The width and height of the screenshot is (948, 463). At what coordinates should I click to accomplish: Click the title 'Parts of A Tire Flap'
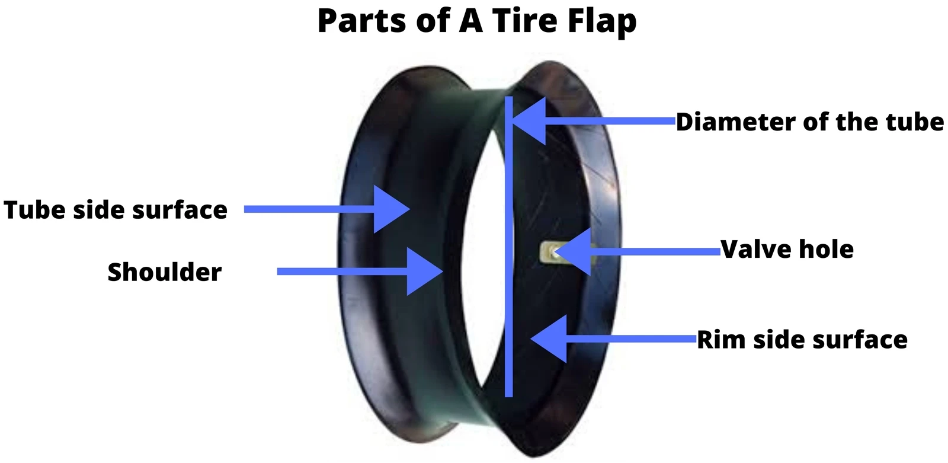tap(477, 21)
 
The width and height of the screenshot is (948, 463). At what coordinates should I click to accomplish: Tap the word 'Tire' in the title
tap(525, 20)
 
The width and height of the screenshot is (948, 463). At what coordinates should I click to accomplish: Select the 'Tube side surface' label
tap(116, 210)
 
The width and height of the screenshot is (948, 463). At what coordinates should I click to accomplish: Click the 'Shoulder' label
tap(165, 272)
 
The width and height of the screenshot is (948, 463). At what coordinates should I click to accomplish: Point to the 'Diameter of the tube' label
tap(809, 122)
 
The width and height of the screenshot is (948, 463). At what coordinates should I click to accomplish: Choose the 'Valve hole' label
tap(787, 249)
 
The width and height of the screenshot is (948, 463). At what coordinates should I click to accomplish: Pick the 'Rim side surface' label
tap(802, 340)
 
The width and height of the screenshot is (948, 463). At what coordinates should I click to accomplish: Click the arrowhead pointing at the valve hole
tap(572, 252)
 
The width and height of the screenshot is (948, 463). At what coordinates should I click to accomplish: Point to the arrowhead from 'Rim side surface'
tap(549, 339)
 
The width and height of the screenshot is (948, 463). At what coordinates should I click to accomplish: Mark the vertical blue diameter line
tap(509, 247)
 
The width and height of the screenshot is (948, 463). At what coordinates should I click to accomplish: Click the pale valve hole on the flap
tap(550, 253)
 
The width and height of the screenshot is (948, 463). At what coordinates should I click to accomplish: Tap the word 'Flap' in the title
tap(602, 21)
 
